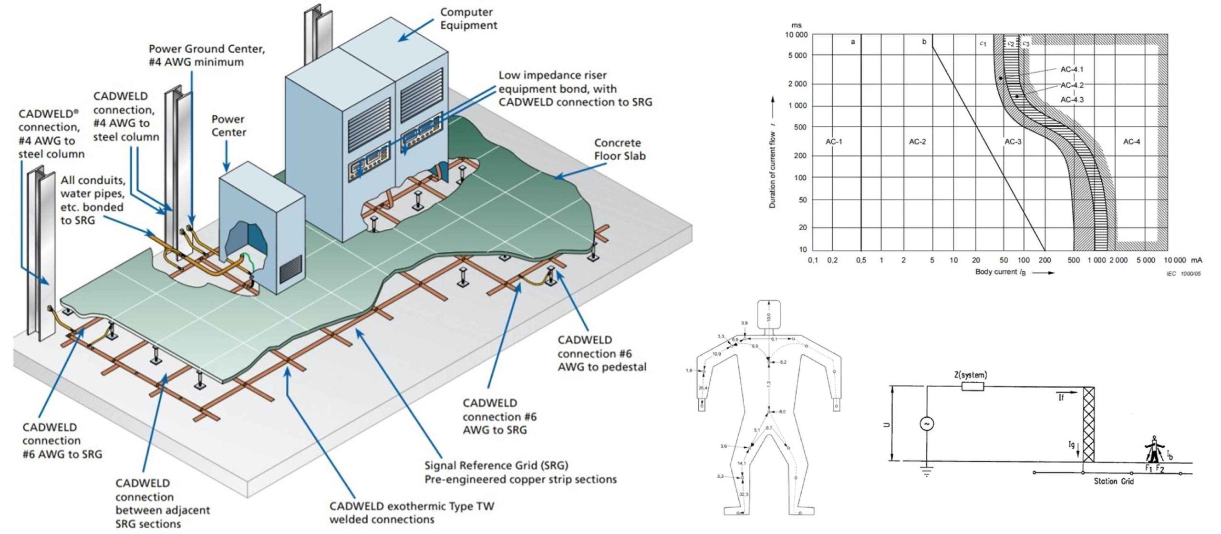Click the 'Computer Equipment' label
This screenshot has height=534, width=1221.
click(468, 19)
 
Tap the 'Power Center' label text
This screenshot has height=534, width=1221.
click(228, 125)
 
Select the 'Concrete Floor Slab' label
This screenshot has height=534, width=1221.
click(620, 149)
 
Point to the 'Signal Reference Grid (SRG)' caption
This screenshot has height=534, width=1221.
click(497, 465)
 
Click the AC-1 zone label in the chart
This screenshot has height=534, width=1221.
click(834, 142)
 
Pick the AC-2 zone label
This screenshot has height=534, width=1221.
click(917, 142)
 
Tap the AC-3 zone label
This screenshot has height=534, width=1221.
click(1013, 142)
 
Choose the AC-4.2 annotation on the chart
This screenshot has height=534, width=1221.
click(1072, 85)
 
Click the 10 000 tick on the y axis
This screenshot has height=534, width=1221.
click(796, 35)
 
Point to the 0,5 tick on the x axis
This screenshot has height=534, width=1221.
click(861, 260)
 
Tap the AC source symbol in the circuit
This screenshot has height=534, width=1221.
click(927, 423)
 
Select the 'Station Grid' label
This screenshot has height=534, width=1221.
click(1114, 481)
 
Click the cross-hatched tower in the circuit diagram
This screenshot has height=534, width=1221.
click(1088, 424)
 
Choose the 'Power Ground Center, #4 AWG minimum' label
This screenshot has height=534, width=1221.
click(207, 55)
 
